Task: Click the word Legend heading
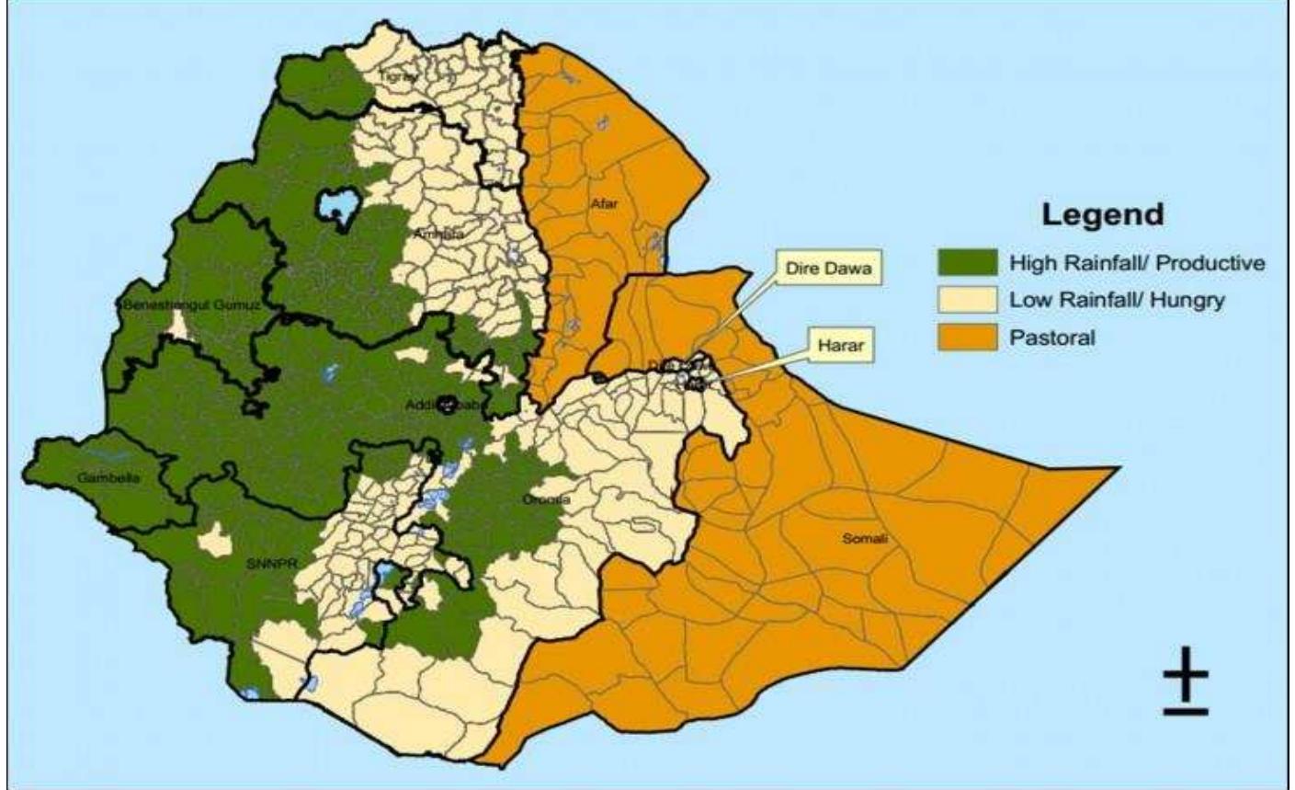(x=1102, y=214)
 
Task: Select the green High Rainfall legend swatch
(x=967, y=263)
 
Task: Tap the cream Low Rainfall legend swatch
(x=967, y=300)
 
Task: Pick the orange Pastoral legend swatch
(x=967, y=337)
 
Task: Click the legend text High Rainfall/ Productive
(x=1137, y=263)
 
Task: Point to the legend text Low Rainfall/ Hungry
(x=1117, y=300)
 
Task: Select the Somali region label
(x=865, y=539)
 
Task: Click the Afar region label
(x=604, y=204)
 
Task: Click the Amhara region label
(x=438, y=235)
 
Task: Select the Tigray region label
(x=398, y=79)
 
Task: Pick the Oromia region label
(x=546, y=499)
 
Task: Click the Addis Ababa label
(x=444, y=404)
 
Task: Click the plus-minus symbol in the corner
(x=1186, y=688)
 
